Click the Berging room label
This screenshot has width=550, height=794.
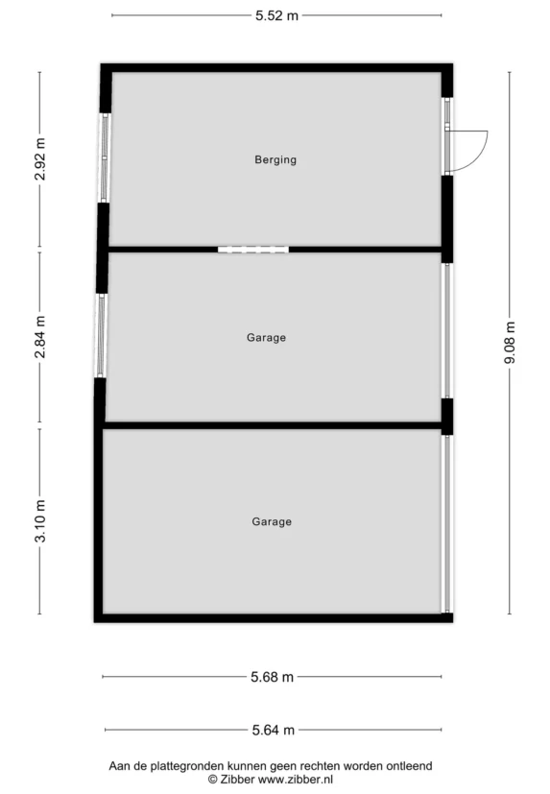[275, 160]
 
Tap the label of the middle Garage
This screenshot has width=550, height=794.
[267, 338]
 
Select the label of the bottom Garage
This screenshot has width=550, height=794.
[272, 522]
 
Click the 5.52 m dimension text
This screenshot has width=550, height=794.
[276, 15]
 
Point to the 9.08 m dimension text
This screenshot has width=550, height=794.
[510, 343]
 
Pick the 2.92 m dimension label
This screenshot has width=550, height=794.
[40, 159]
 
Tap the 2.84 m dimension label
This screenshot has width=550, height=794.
[40, 337]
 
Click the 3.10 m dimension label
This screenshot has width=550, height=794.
[40, 521]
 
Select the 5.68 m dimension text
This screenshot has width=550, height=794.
[272, 677]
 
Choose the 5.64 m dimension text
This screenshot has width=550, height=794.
[274, 731]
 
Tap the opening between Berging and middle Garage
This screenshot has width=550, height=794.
[253, 250]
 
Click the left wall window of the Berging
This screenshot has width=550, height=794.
[105, 158]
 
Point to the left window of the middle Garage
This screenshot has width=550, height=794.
[101, 336]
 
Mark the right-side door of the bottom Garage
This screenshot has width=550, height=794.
[446, 524]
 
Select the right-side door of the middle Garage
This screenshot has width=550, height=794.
[446, 330]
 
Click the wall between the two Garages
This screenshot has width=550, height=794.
[274, 425]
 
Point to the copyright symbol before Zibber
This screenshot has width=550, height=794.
[213, 780]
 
